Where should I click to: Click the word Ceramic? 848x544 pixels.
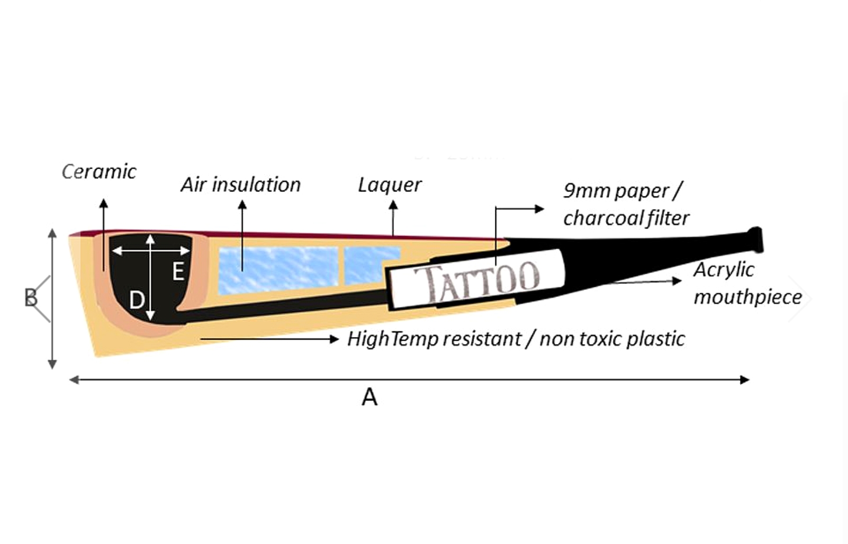tap(99, 171)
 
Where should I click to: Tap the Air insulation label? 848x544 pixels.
tap(241, 185)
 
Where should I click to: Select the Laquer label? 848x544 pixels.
tap(390, 186)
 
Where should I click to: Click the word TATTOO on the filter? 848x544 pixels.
tap(477, 282)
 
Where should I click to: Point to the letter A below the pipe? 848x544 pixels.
tap(369, 397)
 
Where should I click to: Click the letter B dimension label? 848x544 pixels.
tap(31, 297)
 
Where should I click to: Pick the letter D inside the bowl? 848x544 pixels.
tap(137, 300)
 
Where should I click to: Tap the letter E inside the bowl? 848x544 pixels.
tap(178, 271)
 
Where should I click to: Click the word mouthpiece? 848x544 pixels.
tap(747, 297)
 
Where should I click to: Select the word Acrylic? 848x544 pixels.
tap(724, 270)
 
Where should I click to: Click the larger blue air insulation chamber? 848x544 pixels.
tap(278, 270)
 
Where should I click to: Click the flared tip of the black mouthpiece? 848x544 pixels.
tap(755, 240)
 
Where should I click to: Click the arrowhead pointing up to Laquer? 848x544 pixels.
tap(393, 205)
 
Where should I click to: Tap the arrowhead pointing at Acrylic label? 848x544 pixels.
tap(677, 281)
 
